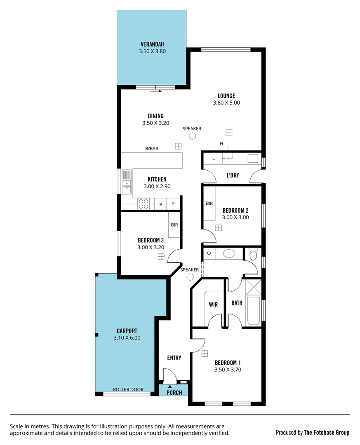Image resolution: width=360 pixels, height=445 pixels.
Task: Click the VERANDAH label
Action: [152, 44]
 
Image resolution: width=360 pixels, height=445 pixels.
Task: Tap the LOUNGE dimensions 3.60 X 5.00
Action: [226, 103]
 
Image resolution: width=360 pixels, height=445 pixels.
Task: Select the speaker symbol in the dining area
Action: [192, 136]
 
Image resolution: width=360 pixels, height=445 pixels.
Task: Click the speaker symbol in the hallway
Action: [190, 277]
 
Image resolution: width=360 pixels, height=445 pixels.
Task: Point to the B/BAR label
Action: [152, 148]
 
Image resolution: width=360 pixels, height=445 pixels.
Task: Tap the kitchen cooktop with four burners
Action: [144, 204]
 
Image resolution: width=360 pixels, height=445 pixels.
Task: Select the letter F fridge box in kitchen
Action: [174, 204]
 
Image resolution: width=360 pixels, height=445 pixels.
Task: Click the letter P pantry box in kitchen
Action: [161, 204]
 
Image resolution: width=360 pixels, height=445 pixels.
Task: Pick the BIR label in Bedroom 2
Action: [209, 203]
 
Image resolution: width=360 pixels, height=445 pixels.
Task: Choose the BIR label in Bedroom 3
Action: [174, 225]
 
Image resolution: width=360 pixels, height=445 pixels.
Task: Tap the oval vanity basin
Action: [229, 253]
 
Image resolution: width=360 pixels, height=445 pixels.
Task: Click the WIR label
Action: [213, 304]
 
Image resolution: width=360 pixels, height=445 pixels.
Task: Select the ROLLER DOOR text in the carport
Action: [128, 389]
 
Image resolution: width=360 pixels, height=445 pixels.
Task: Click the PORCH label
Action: [174, 392]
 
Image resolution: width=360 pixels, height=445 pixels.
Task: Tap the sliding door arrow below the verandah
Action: [155, 91]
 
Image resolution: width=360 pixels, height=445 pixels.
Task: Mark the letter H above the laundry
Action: [221, 143]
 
